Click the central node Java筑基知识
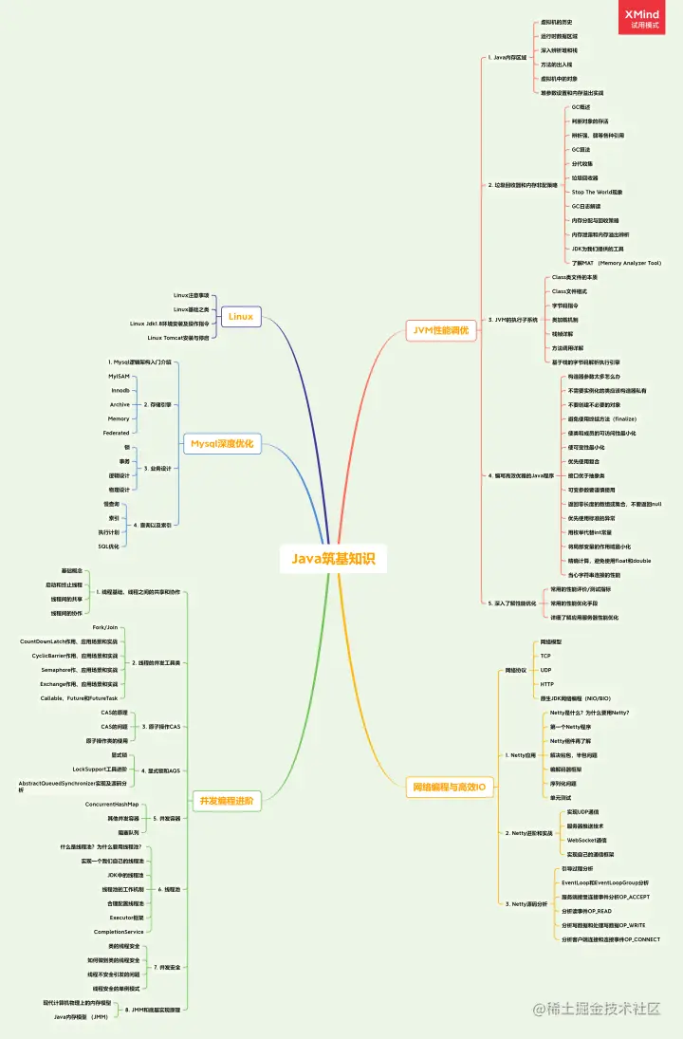click(333, 559)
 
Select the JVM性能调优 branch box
click(441, 330)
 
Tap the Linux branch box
click(241, 316)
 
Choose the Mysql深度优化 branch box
click(222, 443)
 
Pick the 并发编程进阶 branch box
click(225, 800)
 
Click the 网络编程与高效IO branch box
click(448, 787)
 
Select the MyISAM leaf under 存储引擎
click(120, 377)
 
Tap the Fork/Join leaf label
click(105, 628)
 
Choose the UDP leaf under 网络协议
click(545, 670)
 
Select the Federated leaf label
click(117, 432)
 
